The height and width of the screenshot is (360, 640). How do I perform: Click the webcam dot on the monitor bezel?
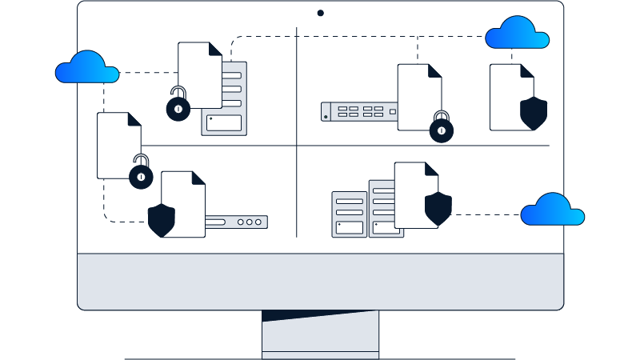tap(320, 13)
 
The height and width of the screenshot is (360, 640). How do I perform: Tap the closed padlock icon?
tap(441, 130)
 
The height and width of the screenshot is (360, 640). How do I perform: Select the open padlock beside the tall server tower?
tap(179, 108)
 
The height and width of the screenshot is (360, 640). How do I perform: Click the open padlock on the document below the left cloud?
tap(142, 174)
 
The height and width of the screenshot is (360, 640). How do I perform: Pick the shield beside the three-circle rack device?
tap(162, 220)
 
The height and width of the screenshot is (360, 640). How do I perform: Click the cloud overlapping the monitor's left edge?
tap(86, 68)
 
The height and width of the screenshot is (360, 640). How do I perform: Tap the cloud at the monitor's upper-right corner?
tap(517, 34)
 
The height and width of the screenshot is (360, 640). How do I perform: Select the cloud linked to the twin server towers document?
tap(552, 210)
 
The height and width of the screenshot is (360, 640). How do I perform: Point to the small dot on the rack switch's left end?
tap(326, 117)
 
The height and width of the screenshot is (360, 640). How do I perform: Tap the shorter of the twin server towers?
tap(348, 214)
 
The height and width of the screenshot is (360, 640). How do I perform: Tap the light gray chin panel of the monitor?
tap(320, 280)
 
